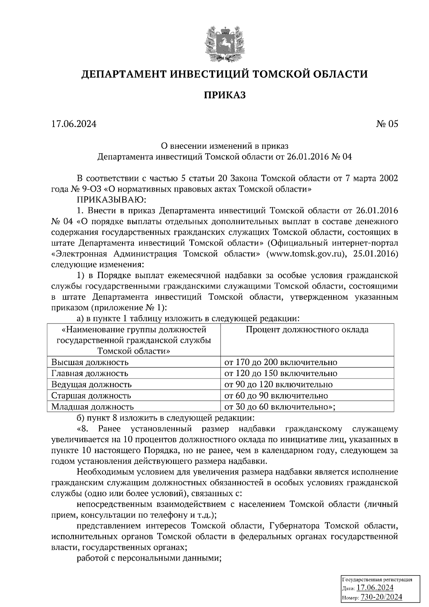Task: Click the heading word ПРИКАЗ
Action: click(x=225, y=95)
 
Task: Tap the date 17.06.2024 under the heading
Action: click(x=74, y=124)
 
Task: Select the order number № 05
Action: click(x=387, y=124)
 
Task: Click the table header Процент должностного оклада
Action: click(x=307, y=330)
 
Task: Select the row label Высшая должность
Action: click(x=90, y=362)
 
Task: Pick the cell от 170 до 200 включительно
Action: click(x=281, y=362)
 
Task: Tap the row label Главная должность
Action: click(x=90, y=374)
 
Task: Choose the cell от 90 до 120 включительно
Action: click(x=278, y=385)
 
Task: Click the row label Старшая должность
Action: click(x=91, y=396)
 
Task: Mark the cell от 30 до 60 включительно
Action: click(x=279, y=407)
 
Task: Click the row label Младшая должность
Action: click(x=93, y=407)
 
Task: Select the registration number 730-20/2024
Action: click(x=381, y=597)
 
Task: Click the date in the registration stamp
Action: click(x=375, y=588)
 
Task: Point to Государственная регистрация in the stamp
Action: click(x=377, y=579)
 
